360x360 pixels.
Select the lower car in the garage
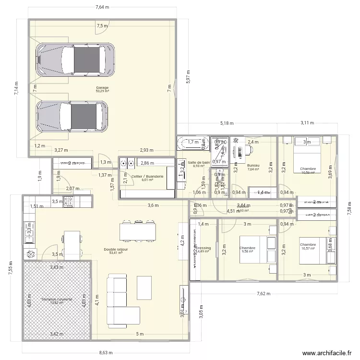pos(72,116)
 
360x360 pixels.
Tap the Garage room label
pos(102,88)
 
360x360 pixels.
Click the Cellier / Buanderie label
pos(147,176)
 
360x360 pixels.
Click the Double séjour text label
pos(116,250)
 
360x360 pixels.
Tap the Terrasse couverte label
pos(57,299)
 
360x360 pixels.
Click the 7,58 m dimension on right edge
pos(349,208)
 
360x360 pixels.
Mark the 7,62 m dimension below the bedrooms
pos(264,294)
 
